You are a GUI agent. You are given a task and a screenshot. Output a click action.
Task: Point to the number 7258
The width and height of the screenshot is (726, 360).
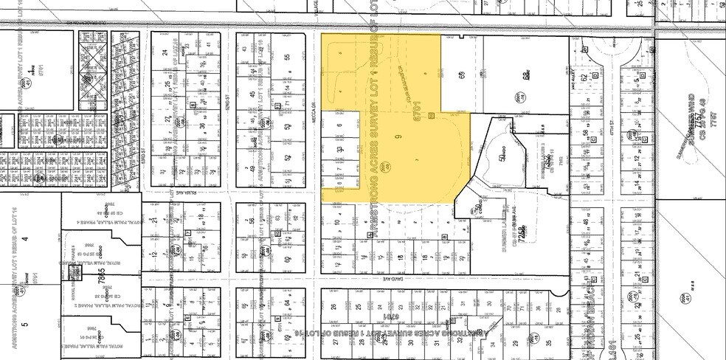pos(526,240)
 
